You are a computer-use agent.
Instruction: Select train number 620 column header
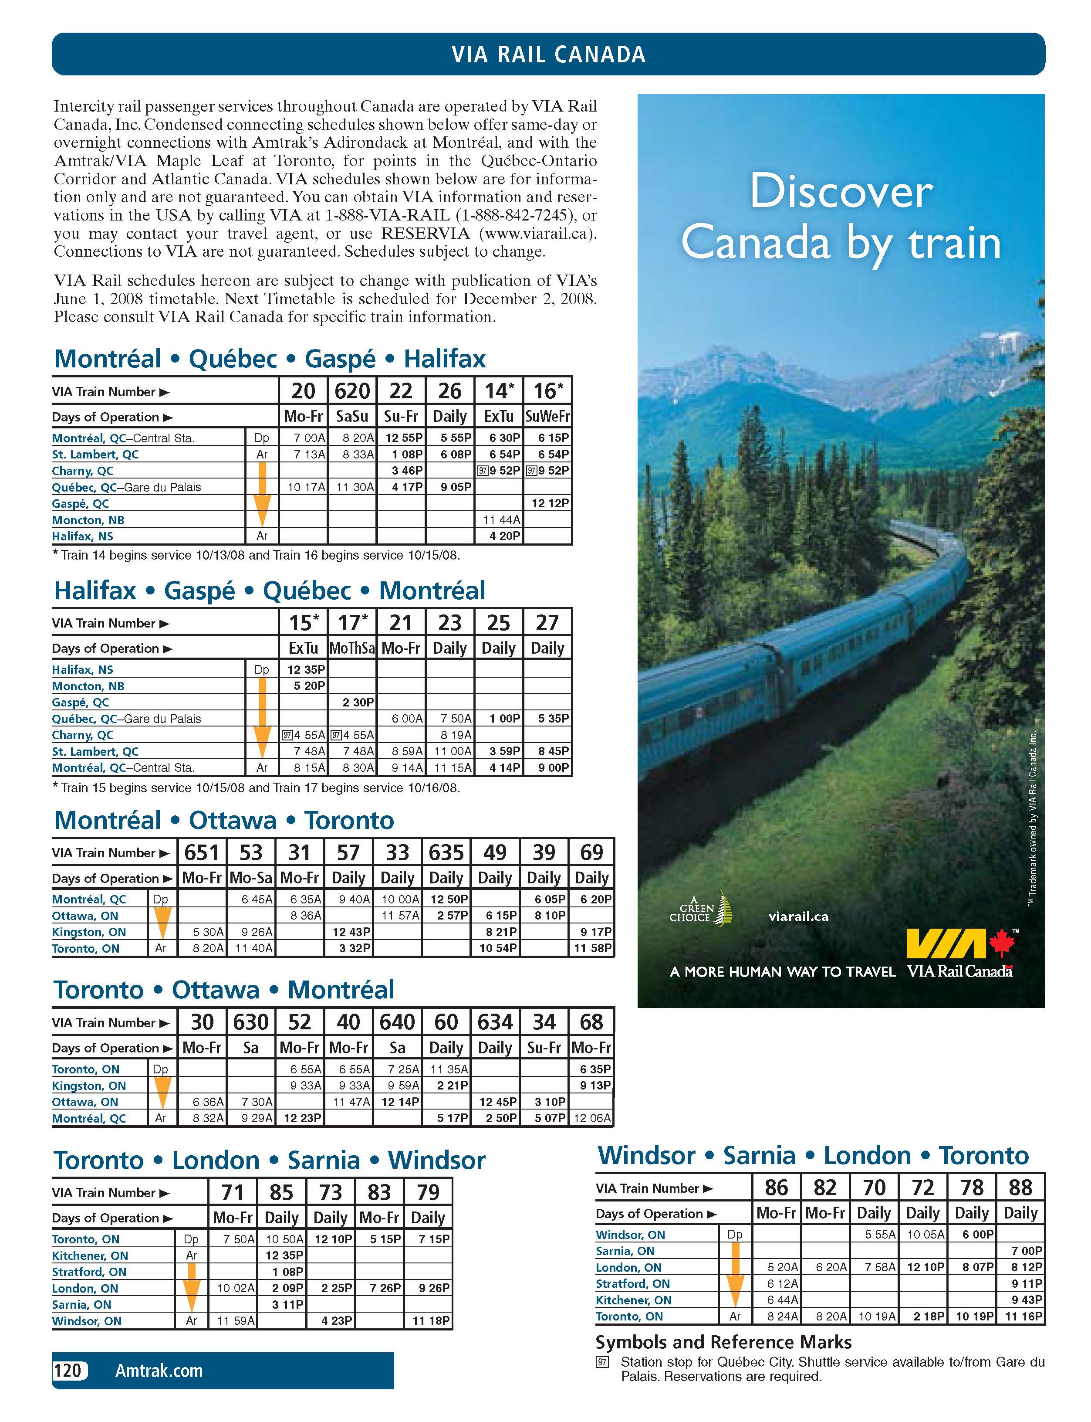352,390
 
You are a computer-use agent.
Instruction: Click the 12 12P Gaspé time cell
549,503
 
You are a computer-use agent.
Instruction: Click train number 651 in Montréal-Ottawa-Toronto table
202,852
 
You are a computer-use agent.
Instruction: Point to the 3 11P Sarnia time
284,1304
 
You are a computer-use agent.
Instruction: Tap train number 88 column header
1020,1188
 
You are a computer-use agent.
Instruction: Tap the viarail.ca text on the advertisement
798,916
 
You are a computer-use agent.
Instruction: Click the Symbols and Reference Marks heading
723,1342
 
